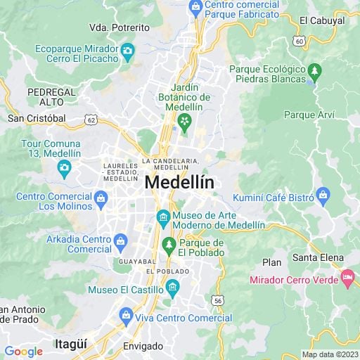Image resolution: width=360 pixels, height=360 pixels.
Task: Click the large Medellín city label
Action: pyautogui.click(x=179, y=182)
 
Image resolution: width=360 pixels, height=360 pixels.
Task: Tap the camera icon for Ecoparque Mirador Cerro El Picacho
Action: pyautogui.click(x=127, y=50)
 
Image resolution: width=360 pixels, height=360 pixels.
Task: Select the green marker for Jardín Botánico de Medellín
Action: pyautogui.click(x=184, y=122)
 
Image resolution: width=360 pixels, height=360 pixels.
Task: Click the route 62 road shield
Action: pyautogui.click(x=91, y=120)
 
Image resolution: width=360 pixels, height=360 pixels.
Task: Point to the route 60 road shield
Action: pyautogui.click(x=300, y=41)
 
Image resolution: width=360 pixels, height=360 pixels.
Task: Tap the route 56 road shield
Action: pyautogui.click(x=219, y=300)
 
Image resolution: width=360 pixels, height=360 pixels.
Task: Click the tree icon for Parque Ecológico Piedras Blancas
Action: pyautogui.click(x=315, y=70)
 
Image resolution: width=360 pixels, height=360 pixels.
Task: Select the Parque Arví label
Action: pyautogui.click(x=309, y=115)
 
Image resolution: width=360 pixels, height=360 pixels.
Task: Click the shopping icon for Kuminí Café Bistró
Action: pyautogui.click(x=323, y=193)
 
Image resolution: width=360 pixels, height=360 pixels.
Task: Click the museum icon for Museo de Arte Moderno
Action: pyautogui.click(x=163, y=215)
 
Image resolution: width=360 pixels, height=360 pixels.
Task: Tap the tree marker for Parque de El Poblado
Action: pyautogui.click(x=169, y=244)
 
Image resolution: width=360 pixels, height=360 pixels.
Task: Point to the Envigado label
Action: pyautogui.click(x=143, y=347)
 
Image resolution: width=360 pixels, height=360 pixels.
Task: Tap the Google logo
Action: pyautogui.click(x=23, y=352)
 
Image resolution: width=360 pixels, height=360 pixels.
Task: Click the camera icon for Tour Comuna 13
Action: pyautogui.click(x=65, y=167)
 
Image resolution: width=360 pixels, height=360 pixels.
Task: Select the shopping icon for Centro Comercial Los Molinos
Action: pyautogui.click(x=101, y=198)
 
